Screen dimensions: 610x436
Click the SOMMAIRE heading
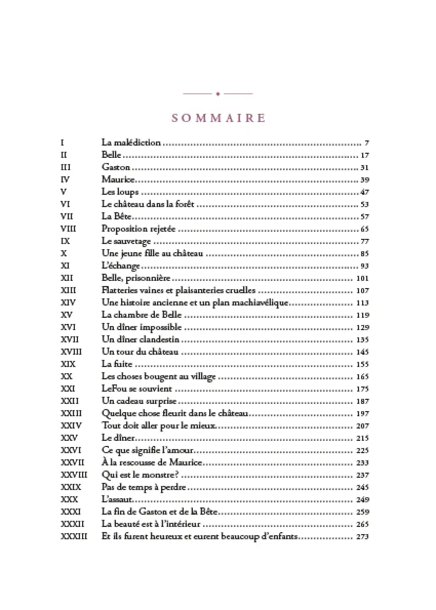coord(219,118)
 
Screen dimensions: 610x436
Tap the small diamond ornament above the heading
coord(218,94)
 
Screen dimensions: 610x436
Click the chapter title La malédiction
coord(131,143)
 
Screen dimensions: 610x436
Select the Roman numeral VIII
coord(68,229)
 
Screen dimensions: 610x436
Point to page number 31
coord(365,168)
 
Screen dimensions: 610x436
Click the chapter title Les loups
coord(120,192)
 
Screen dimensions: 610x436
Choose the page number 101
coord(362,278)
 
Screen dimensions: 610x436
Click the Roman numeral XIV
coord(68,302)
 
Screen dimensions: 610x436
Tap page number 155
coord(362,364)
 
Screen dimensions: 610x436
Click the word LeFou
coord(113,389)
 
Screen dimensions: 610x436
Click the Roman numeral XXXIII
coord(74,537)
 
